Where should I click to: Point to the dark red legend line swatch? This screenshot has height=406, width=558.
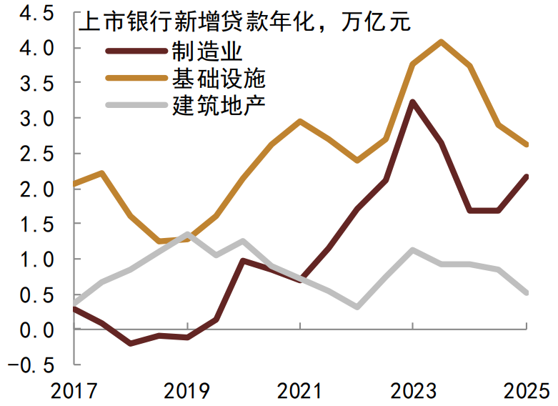pyautogui.click(x=136, y=51)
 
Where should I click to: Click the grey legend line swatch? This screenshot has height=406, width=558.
pyautogui.click(x=136, y=105)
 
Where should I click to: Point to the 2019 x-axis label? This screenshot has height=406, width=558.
pyautogui.click(x=186, y=391)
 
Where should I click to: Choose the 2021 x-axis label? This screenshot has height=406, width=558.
pyautogui.click(x=300, y=391)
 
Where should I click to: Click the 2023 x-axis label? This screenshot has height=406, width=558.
pyautogui.click(x=413, y=391)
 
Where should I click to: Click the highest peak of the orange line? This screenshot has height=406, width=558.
pyautogui.click(x=441, y=42)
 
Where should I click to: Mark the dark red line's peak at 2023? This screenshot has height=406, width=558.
pyautogui.click(x=413, y=102)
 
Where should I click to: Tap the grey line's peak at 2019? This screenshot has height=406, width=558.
pyautogui.click(x=186, y=234)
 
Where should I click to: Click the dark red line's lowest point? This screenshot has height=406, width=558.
pyautogui.click(x=130, y=343)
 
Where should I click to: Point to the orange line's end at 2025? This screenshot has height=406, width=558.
pyautogui.click(x=526, y=144)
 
